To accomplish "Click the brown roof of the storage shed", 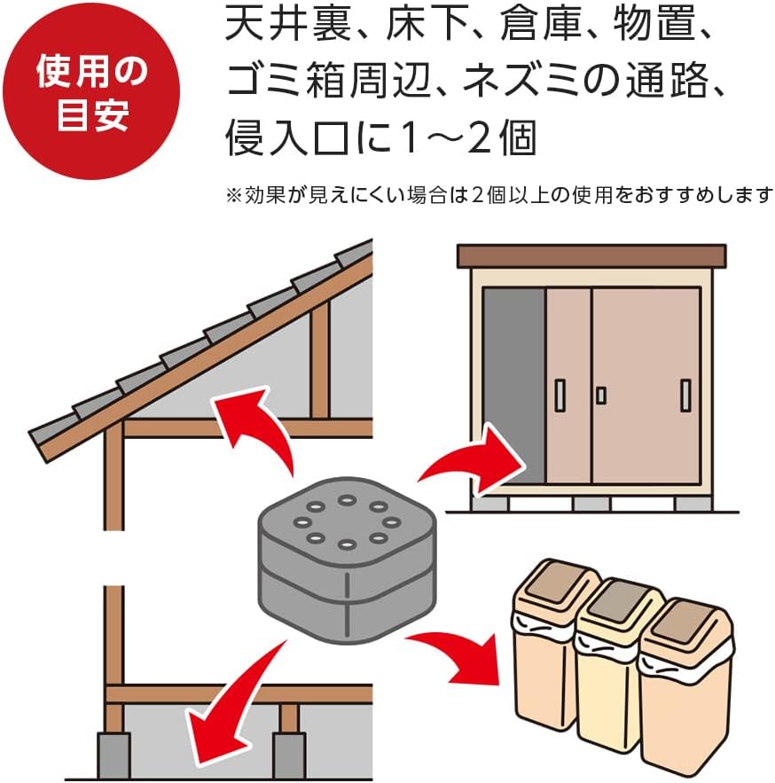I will pos(591,256).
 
